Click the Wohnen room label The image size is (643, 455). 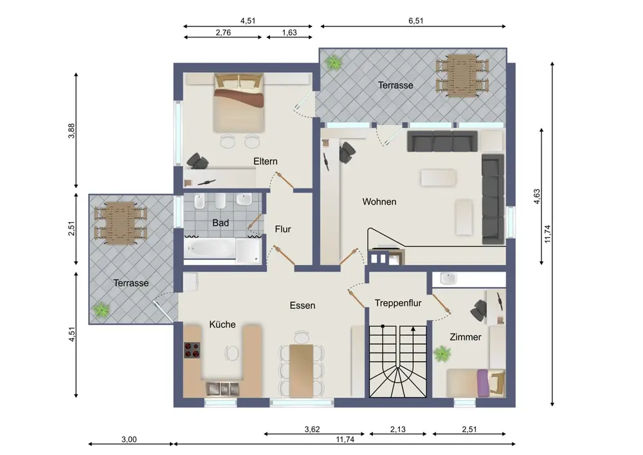379,202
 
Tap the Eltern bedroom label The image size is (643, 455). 266,162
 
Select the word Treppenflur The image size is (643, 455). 398,303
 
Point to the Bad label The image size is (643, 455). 220,223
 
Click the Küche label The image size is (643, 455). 222,324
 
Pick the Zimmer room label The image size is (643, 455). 466,337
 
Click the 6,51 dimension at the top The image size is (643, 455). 416,21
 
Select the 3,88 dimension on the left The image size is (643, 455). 71,131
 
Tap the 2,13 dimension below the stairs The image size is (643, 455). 398,429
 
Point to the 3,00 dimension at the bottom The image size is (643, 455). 129,440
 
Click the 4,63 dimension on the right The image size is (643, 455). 537,196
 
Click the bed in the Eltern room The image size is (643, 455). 239,102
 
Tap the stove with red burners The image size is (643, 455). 192,350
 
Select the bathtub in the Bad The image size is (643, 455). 210,248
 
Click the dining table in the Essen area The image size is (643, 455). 302,371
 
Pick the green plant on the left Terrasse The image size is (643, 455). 100,310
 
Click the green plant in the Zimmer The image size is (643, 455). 442,353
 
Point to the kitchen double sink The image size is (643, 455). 222,389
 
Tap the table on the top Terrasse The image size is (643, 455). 462,76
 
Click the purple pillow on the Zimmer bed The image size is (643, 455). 483,384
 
